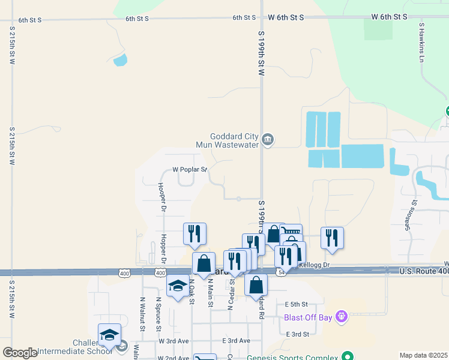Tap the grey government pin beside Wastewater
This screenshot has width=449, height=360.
(x=268, y=140)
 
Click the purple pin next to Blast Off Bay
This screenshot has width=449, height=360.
(x=342, y=314)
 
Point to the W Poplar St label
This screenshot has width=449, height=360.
(x=190, y=169)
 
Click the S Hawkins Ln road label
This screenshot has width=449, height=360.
(x=422, y=43)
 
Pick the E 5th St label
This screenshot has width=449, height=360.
(x=297, y=304)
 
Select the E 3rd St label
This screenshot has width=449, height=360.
(x=298, y=334)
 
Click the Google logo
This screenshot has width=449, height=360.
(x=20, y=353)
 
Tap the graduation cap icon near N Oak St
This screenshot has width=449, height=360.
(x=178, y=287)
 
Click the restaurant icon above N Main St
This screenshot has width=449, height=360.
(x=194, y=233)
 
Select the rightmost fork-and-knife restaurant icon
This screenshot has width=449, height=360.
(x=332, y=238)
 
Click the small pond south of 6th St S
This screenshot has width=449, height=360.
(x=121, y=59)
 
